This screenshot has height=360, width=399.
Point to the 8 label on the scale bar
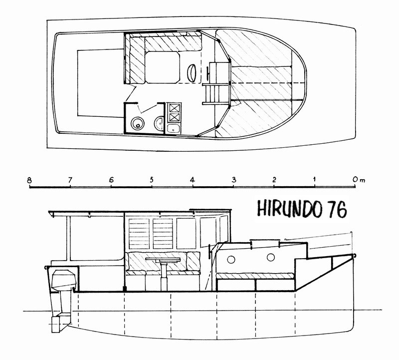click(30, 180)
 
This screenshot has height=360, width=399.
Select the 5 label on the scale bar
click(152, 180)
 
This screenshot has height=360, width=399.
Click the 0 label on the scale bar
click(355, 179)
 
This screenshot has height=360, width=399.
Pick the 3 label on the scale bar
click(234, 180)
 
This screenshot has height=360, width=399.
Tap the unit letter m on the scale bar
click(363, 181)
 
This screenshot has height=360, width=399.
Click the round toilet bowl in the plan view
click(138, 123)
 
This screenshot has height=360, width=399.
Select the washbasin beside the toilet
click(159, 123)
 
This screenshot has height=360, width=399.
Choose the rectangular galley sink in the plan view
click(174, 128)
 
